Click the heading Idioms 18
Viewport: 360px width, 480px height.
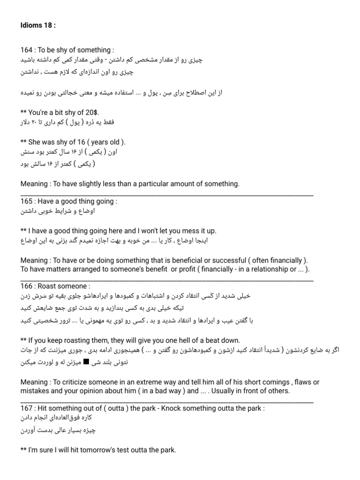[x=38, y=25]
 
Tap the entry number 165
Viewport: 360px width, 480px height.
[x=27, y=201]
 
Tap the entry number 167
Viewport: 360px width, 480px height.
[x=27, y=408]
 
